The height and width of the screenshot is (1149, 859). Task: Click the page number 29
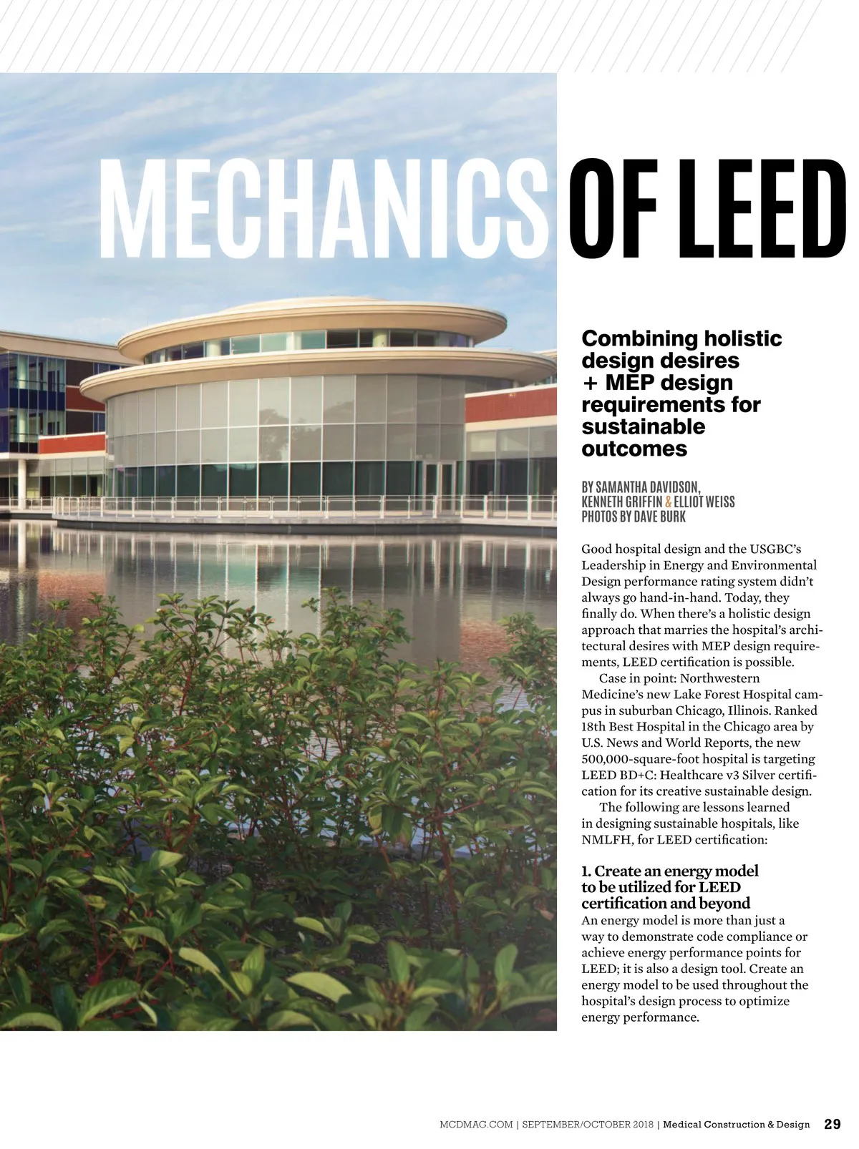point(833,1124)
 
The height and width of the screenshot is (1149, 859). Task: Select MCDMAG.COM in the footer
point(476,1125)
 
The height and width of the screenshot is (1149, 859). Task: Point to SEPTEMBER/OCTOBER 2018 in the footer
point(587,1125)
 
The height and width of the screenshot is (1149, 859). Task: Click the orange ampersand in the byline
point(669,502)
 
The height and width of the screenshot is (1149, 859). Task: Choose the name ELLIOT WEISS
point(704,502)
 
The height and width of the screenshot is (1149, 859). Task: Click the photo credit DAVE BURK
point(659,517)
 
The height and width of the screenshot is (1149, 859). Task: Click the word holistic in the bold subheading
point(742,338)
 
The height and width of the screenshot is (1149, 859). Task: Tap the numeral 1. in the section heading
point(586,871)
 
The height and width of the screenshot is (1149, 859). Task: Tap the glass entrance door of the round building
point(439,479)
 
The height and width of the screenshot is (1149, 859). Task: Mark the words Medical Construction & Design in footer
point(736,1125)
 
